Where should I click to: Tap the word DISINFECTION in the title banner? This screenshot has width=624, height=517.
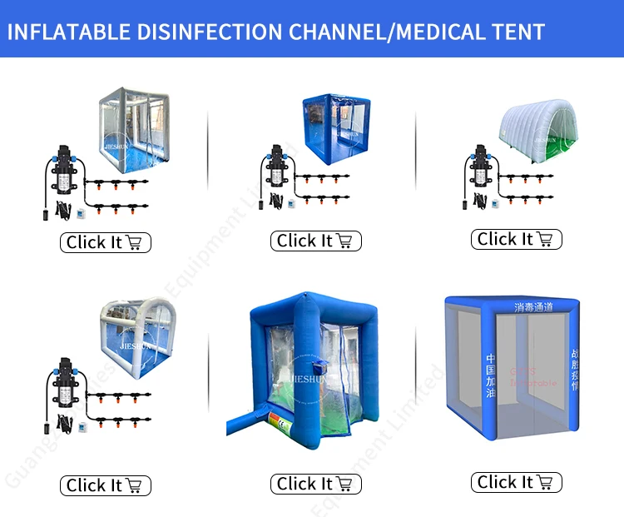pyautogui.click(x=207, y=32)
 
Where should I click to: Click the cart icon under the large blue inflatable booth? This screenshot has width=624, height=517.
pyautogui.click(x=344, y=484)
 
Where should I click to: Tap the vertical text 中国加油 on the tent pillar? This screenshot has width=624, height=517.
pyautogui.click(x=489, y=376)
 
